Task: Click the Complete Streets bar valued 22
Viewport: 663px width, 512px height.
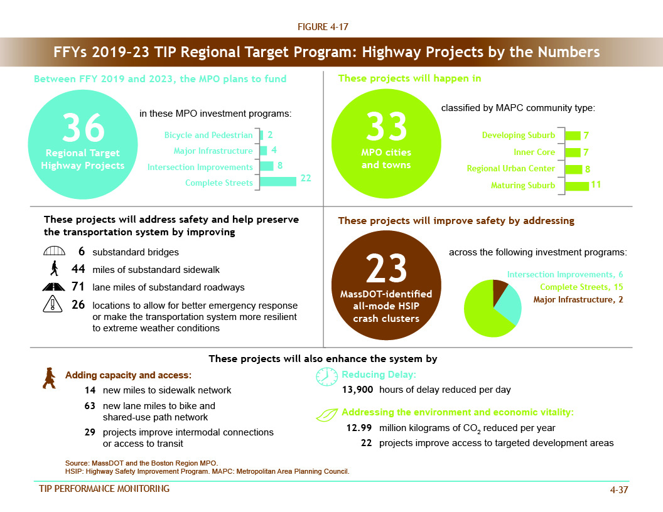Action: [278, 181]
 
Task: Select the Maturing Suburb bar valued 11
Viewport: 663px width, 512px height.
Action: [577, 186]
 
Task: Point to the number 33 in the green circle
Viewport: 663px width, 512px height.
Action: [386, 127]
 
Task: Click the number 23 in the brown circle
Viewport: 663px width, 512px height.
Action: [386, 269]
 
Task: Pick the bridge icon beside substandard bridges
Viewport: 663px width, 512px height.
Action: [54, 252]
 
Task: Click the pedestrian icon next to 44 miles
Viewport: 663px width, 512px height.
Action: [55, 270]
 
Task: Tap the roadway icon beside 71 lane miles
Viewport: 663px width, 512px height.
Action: [54, 287]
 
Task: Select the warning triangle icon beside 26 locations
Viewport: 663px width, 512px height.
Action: [54, 305]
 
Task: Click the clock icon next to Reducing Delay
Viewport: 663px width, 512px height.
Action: [326, 376]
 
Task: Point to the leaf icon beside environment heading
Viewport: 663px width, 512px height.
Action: [326, 414]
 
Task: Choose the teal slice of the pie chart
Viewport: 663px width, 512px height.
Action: [508, 304]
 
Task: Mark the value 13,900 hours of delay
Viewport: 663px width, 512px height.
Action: [357, 390]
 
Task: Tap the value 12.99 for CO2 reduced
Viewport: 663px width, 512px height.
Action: [358, 428]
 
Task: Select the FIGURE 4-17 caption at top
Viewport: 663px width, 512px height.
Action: [323, 27]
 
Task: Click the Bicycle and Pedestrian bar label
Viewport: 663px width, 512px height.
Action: [208, 135]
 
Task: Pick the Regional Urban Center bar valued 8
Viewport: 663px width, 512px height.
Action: [573, 169]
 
